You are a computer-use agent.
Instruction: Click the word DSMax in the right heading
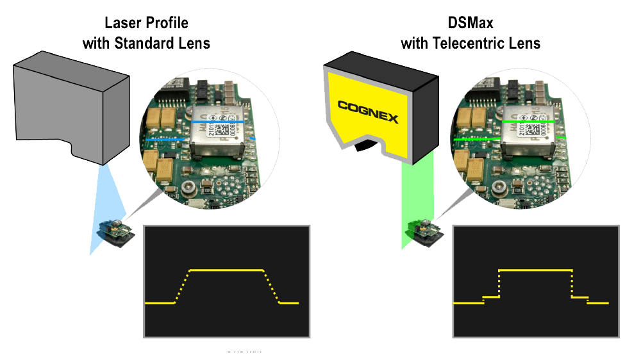(470, 24)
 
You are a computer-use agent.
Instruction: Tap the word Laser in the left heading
(121, 24)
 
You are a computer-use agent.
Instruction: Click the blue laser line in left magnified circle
(218, 120)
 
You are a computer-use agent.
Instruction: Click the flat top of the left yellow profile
(226, 270)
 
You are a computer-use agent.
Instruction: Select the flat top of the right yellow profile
(535, 270)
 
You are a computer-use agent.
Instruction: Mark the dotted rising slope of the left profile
(182, 286)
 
